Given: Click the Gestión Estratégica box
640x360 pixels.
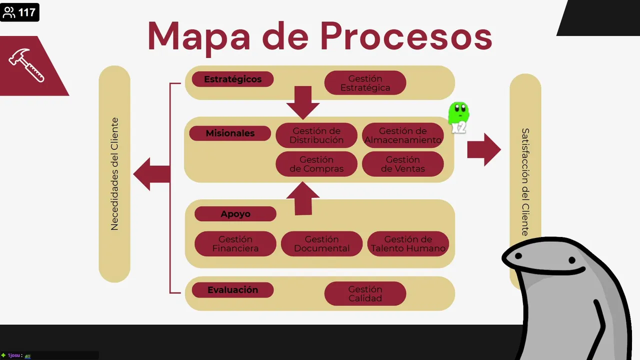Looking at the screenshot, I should pos(365,83).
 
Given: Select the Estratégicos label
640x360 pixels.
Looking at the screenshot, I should pos(232,79).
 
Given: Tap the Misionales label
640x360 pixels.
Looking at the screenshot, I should pos(230,133).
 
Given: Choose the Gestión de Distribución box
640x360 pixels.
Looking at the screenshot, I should pos(316,135).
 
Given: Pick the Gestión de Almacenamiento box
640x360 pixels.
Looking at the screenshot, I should pos(402,135).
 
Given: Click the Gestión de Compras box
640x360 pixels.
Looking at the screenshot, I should pos(316,164).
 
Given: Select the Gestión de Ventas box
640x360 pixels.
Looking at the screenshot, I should pos(402,164).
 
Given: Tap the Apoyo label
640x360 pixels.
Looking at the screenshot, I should pos(235,214).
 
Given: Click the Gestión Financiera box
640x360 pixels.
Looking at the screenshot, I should pos(235,243).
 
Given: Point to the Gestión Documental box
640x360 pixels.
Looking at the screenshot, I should pos(321,243).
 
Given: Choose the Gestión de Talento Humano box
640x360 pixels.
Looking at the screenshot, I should pos(408,243).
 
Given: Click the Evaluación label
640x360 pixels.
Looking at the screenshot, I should pos(232,290).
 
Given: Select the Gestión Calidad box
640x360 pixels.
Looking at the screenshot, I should pos(365,293).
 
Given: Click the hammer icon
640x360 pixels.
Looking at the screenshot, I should pos(26,65).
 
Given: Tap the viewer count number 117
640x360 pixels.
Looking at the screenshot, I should pos(27,12).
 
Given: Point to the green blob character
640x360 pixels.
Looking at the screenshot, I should pos(458,115).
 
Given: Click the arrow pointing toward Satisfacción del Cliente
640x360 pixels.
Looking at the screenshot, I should pos(483,149).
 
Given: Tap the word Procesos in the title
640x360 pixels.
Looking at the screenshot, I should pos(405,36).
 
